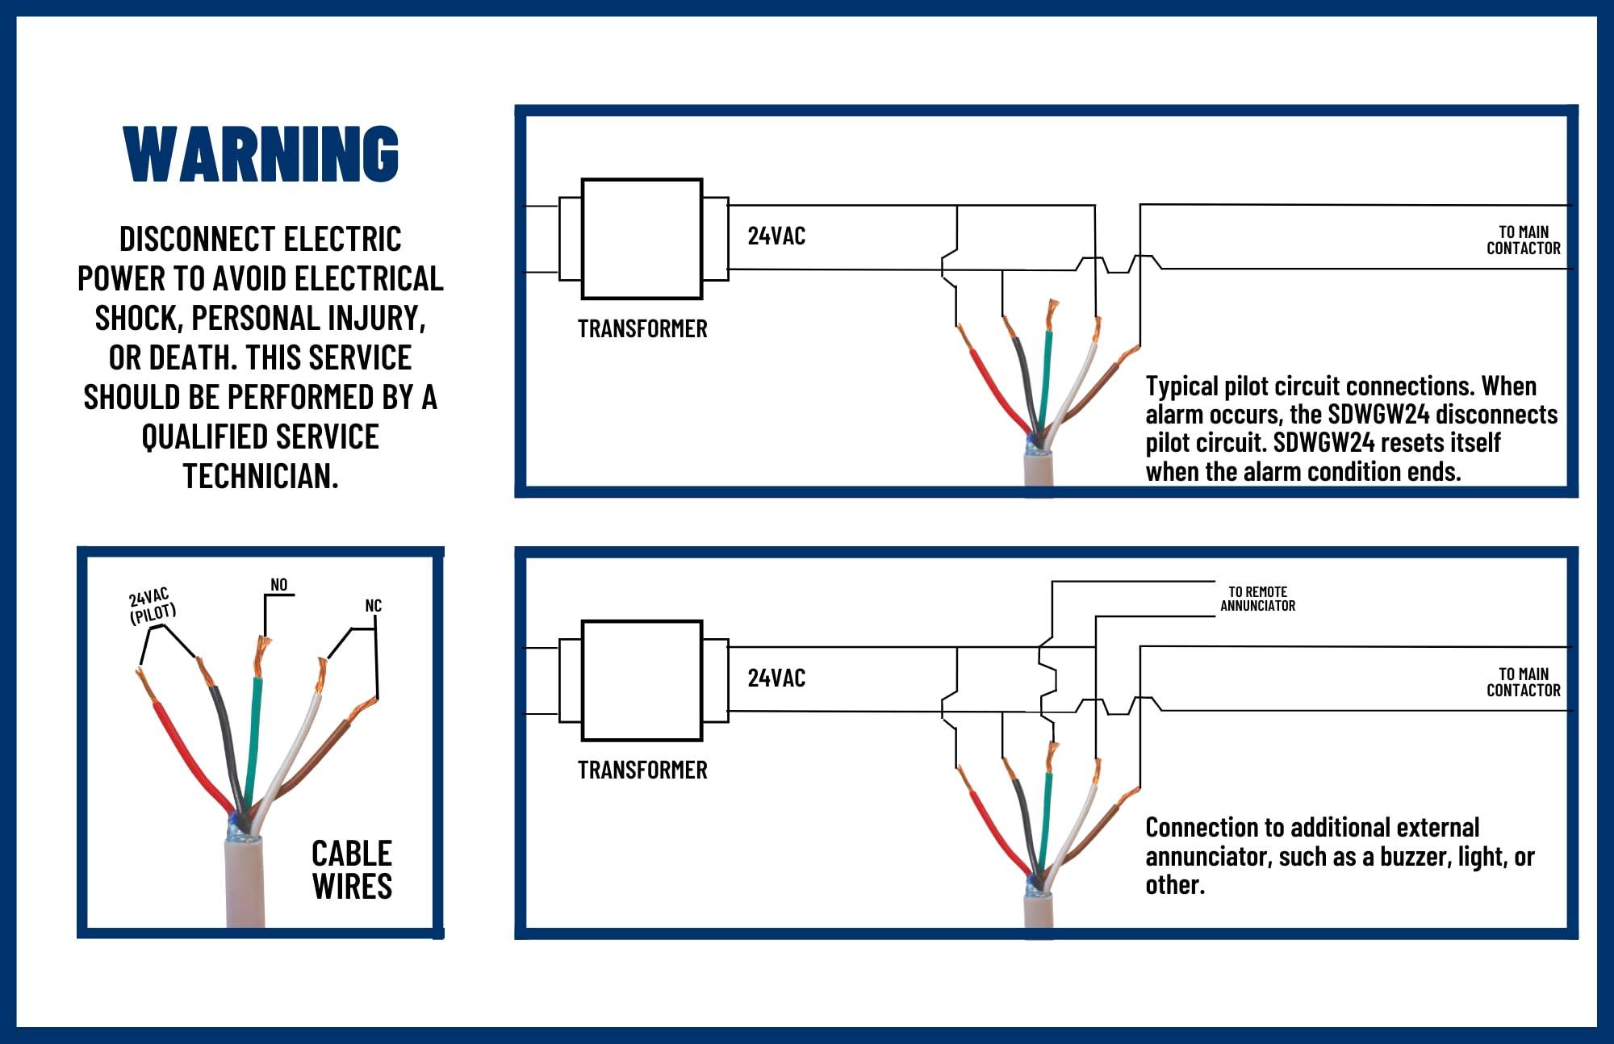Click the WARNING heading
click(x=261, y=153)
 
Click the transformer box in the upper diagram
click(x=642, y=239)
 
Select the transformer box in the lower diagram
click(x=642, y=680)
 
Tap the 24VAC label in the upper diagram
click(x=776, y=236)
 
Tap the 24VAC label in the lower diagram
click(x=776, y=679)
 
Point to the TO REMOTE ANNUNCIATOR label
click(x=1257, y=599)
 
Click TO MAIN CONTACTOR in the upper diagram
click(x=1523, y=240)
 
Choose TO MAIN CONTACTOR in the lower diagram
click(x=1523, y=683)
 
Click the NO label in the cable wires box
click(x=278, y=585)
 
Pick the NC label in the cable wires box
click(x=373, y=606)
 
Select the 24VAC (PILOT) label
click(x=152, y=607)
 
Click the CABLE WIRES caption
click(x=352, y=870)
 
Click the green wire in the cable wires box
click(x=253, y=742)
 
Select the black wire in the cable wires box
click(x=226, y=742)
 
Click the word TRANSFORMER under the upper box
click(x=642, y=329)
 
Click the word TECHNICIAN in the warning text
click(x=260, y=477)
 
